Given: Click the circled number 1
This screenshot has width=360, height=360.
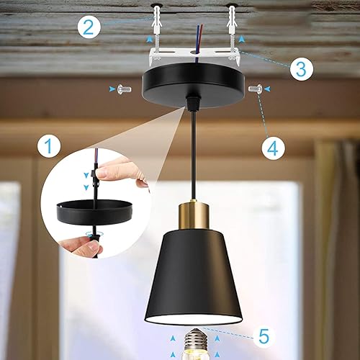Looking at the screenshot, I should (x=49, y=148).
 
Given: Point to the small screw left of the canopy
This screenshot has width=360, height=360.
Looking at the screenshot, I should (x=123, y=89).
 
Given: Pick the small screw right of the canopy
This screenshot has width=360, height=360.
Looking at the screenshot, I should (x=254, y=89).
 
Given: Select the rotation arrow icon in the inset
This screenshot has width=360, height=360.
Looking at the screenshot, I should (x=91, y=235).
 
